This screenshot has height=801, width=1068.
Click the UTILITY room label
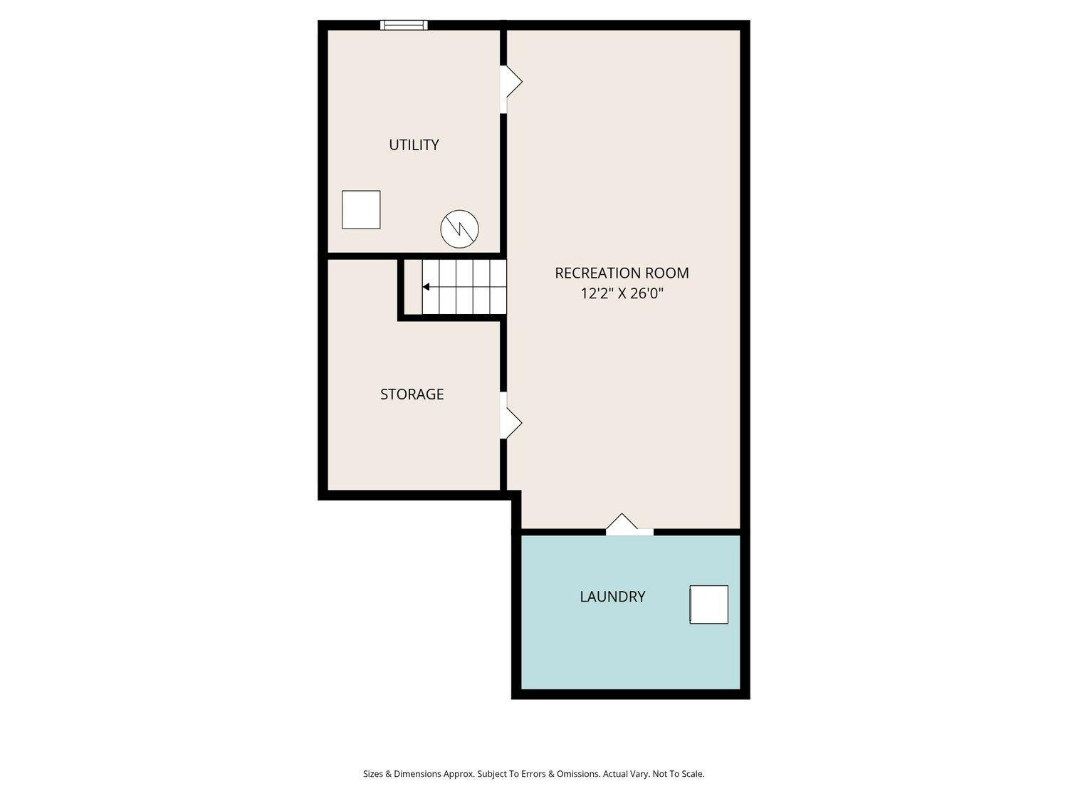(414, 145)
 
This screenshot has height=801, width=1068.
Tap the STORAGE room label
(412, 394)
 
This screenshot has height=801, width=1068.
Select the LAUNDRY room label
(612, 596)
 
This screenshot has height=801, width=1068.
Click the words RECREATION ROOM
(622, 273)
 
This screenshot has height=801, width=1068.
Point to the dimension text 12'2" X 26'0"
(622, 293)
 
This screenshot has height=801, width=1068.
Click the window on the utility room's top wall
(404, 25)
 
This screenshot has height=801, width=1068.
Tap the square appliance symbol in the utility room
(360, 209)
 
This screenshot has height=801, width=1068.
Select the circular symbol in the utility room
(459, 229)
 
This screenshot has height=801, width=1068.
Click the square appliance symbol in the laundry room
(708, 604)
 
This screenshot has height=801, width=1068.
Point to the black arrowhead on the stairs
(425, 287)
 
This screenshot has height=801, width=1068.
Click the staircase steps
(464, 287)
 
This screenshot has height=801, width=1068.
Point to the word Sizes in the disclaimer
(372, 774)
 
